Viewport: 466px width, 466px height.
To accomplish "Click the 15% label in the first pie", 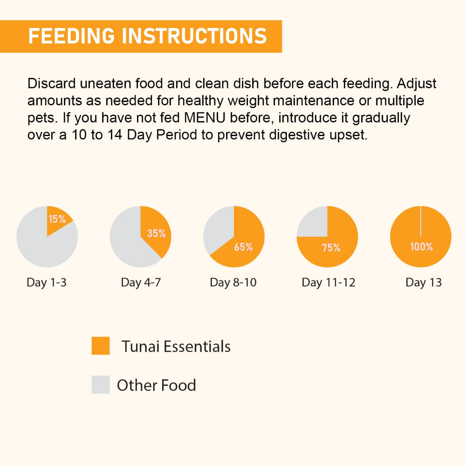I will click(57, 219).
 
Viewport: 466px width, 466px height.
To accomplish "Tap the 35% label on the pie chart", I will click(156, 233).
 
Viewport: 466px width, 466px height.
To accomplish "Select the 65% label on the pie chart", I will click(243, 247).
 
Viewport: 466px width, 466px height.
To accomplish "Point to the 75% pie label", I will click(331, 248).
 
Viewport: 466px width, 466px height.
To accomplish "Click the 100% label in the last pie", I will click(421, 247).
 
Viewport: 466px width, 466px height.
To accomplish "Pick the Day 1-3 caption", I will click(47, 282).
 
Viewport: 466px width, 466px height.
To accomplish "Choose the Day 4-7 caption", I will click(141, 282).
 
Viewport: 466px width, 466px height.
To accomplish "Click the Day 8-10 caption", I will click(233, 282).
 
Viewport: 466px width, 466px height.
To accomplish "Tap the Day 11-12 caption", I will click(329, 282).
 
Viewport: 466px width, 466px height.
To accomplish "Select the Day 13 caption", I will click(424, 282).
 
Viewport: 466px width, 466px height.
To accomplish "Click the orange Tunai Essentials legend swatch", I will click(101, 346).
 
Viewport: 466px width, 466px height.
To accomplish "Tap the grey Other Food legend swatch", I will click(101, 385).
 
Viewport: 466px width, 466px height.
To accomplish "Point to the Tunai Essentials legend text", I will click(176, 347).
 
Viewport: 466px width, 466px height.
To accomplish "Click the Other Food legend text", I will click(157, 385).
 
